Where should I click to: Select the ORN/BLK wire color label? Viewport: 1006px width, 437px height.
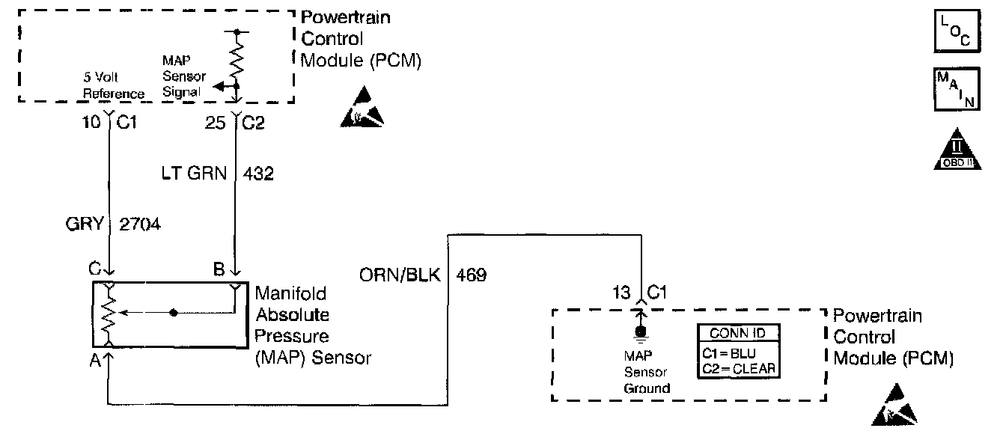(400, 275)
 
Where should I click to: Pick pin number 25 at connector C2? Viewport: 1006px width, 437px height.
(215, 122)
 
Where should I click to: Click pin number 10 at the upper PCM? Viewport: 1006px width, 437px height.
(91, 122)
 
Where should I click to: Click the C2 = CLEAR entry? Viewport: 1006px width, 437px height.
(737, 368)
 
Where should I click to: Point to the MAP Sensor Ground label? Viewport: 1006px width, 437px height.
(645, 373)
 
